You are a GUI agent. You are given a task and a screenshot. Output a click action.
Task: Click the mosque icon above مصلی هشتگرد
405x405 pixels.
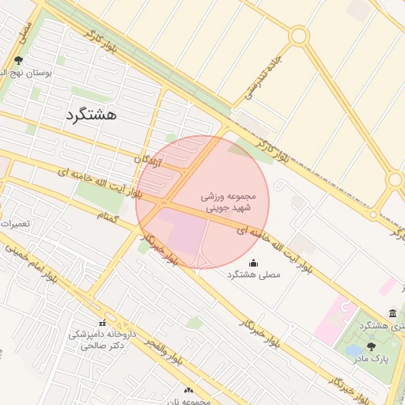click(x=253, y=263)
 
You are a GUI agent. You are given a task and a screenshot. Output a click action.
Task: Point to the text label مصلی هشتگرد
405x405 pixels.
click(x=254, y=274)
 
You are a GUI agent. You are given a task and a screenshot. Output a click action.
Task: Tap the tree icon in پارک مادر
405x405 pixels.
click(x=372, y=346)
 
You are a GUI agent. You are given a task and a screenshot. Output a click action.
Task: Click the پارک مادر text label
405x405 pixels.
click(x=372, y=358)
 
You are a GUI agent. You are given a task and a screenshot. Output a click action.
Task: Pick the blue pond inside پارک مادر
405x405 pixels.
click(x=354, y=349)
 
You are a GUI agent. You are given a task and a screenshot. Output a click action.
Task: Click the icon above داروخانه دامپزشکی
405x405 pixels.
click(x=102, y=323)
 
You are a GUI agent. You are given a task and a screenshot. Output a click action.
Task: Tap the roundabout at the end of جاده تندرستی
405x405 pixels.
click(x=298, y=36)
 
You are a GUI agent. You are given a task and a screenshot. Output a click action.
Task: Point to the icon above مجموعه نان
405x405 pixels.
click(x=188, y=390)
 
